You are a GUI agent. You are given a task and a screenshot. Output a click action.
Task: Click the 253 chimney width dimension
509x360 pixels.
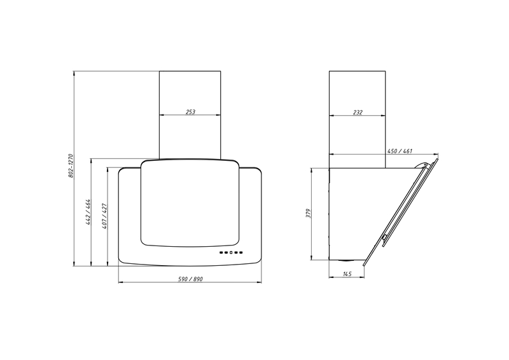click(x=190, y=112)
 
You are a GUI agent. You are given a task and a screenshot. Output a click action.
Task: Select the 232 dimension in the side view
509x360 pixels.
click(x=358, y=113)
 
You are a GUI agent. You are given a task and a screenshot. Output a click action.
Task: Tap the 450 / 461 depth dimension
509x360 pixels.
click(x=400, y=151)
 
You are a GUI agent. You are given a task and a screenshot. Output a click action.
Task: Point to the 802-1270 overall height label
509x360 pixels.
click(x=71, y=165)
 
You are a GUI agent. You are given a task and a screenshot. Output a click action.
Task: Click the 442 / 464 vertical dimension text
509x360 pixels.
click(x=88, y=212)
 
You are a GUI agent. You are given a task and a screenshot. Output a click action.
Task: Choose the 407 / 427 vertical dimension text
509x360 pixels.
click(x=104, y=216)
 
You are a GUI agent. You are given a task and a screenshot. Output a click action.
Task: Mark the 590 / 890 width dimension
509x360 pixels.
click(x=190, y=279)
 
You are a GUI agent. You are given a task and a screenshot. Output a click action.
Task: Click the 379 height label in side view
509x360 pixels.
click(x=309, y=213)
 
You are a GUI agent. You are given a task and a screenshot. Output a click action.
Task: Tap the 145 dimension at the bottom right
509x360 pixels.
click(x=347, y=274)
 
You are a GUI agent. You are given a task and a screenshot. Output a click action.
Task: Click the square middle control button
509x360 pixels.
click(x=230, y=253)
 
